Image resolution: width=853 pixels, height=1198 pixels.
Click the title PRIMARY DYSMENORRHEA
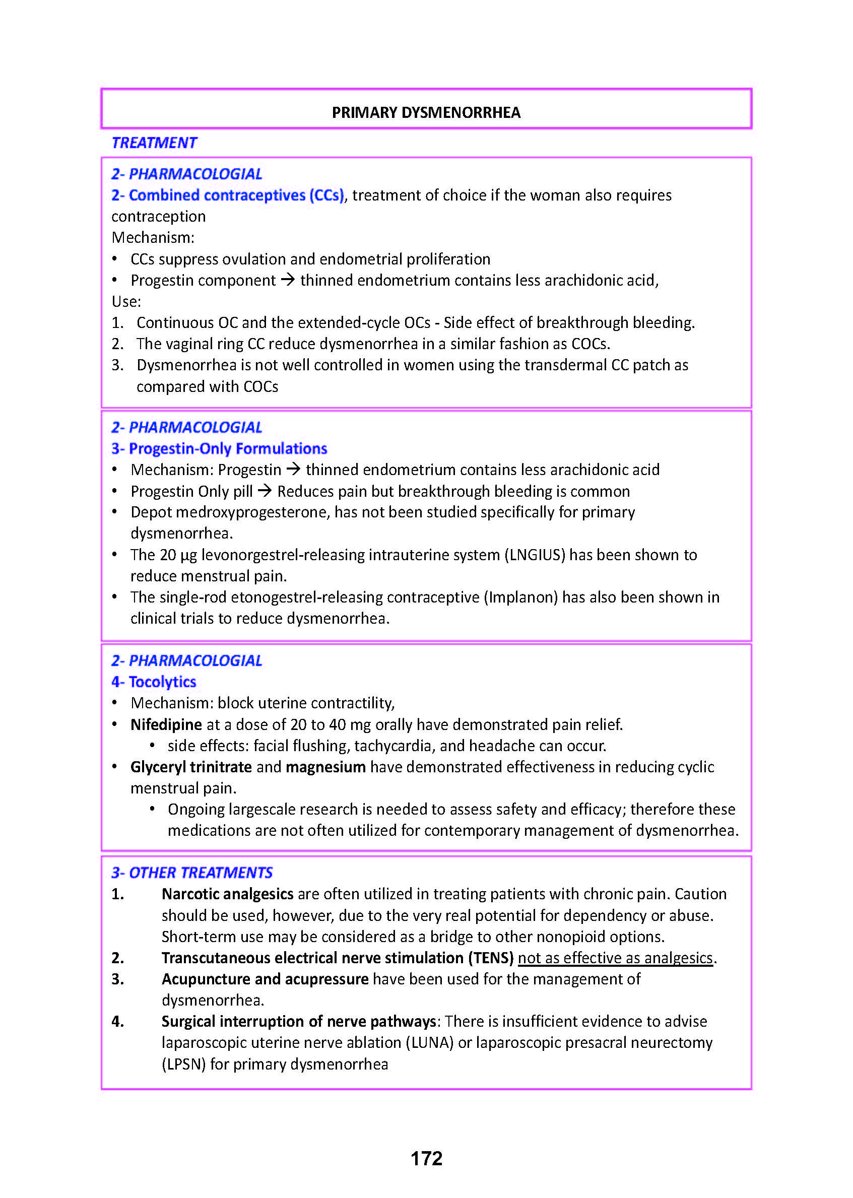click(426, 112)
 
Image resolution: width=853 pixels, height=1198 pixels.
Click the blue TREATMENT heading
click(154, 143)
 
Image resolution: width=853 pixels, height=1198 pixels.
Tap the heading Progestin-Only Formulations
click(219, 448)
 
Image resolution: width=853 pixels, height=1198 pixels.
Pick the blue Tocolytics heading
click(154, 682)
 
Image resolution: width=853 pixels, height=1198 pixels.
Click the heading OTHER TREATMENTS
click(192, 873)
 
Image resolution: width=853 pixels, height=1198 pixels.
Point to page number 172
click(426, 1158)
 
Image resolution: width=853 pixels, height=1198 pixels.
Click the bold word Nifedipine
click(166, 724)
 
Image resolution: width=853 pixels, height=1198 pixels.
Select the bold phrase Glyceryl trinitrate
click(191, 767)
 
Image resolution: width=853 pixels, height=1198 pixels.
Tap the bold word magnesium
click(325, 767)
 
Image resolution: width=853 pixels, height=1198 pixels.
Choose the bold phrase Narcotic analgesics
click(227, 894)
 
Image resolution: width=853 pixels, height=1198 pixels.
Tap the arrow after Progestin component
click(288, 280)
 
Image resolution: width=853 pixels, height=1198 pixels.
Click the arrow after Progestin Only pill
click(265, 491)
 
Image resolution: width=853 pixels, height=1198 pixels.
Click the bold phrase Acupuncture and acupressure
click(265, 979)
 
